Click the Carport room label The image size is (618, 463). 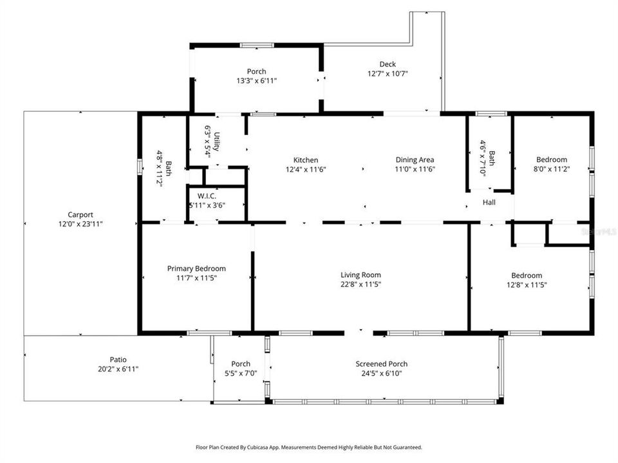(x=80, y=215)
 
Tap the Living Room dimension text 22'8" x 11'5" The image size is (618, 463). (x=360, y=284)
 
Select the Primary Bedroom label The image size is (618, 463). (x=196, y=268)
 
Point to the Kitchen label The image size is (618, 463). (x=305, y=160)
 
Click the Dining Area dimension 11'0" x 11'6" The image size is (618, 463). (x=415, y=169)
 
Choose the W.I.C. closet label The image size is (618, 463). (x=206, y=196)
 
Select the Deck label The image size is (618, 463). (x=387, y=64)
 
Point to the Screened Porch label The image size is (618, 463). (x=381, y=364)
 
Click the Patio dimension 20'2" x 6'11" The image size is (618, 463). (x=118, y=369)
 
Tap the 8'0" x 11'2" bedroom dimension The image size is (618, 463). (x=552, y=169)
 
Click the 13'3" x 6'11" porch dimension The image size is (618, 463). (x=256, y=81)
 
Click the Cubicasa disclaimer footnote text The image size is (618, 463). (x=309, y=447)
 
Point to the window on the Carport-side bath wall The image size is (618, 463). (x=139, y=166)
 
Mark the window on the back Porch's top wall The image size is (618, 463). (x=256, y=45)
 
